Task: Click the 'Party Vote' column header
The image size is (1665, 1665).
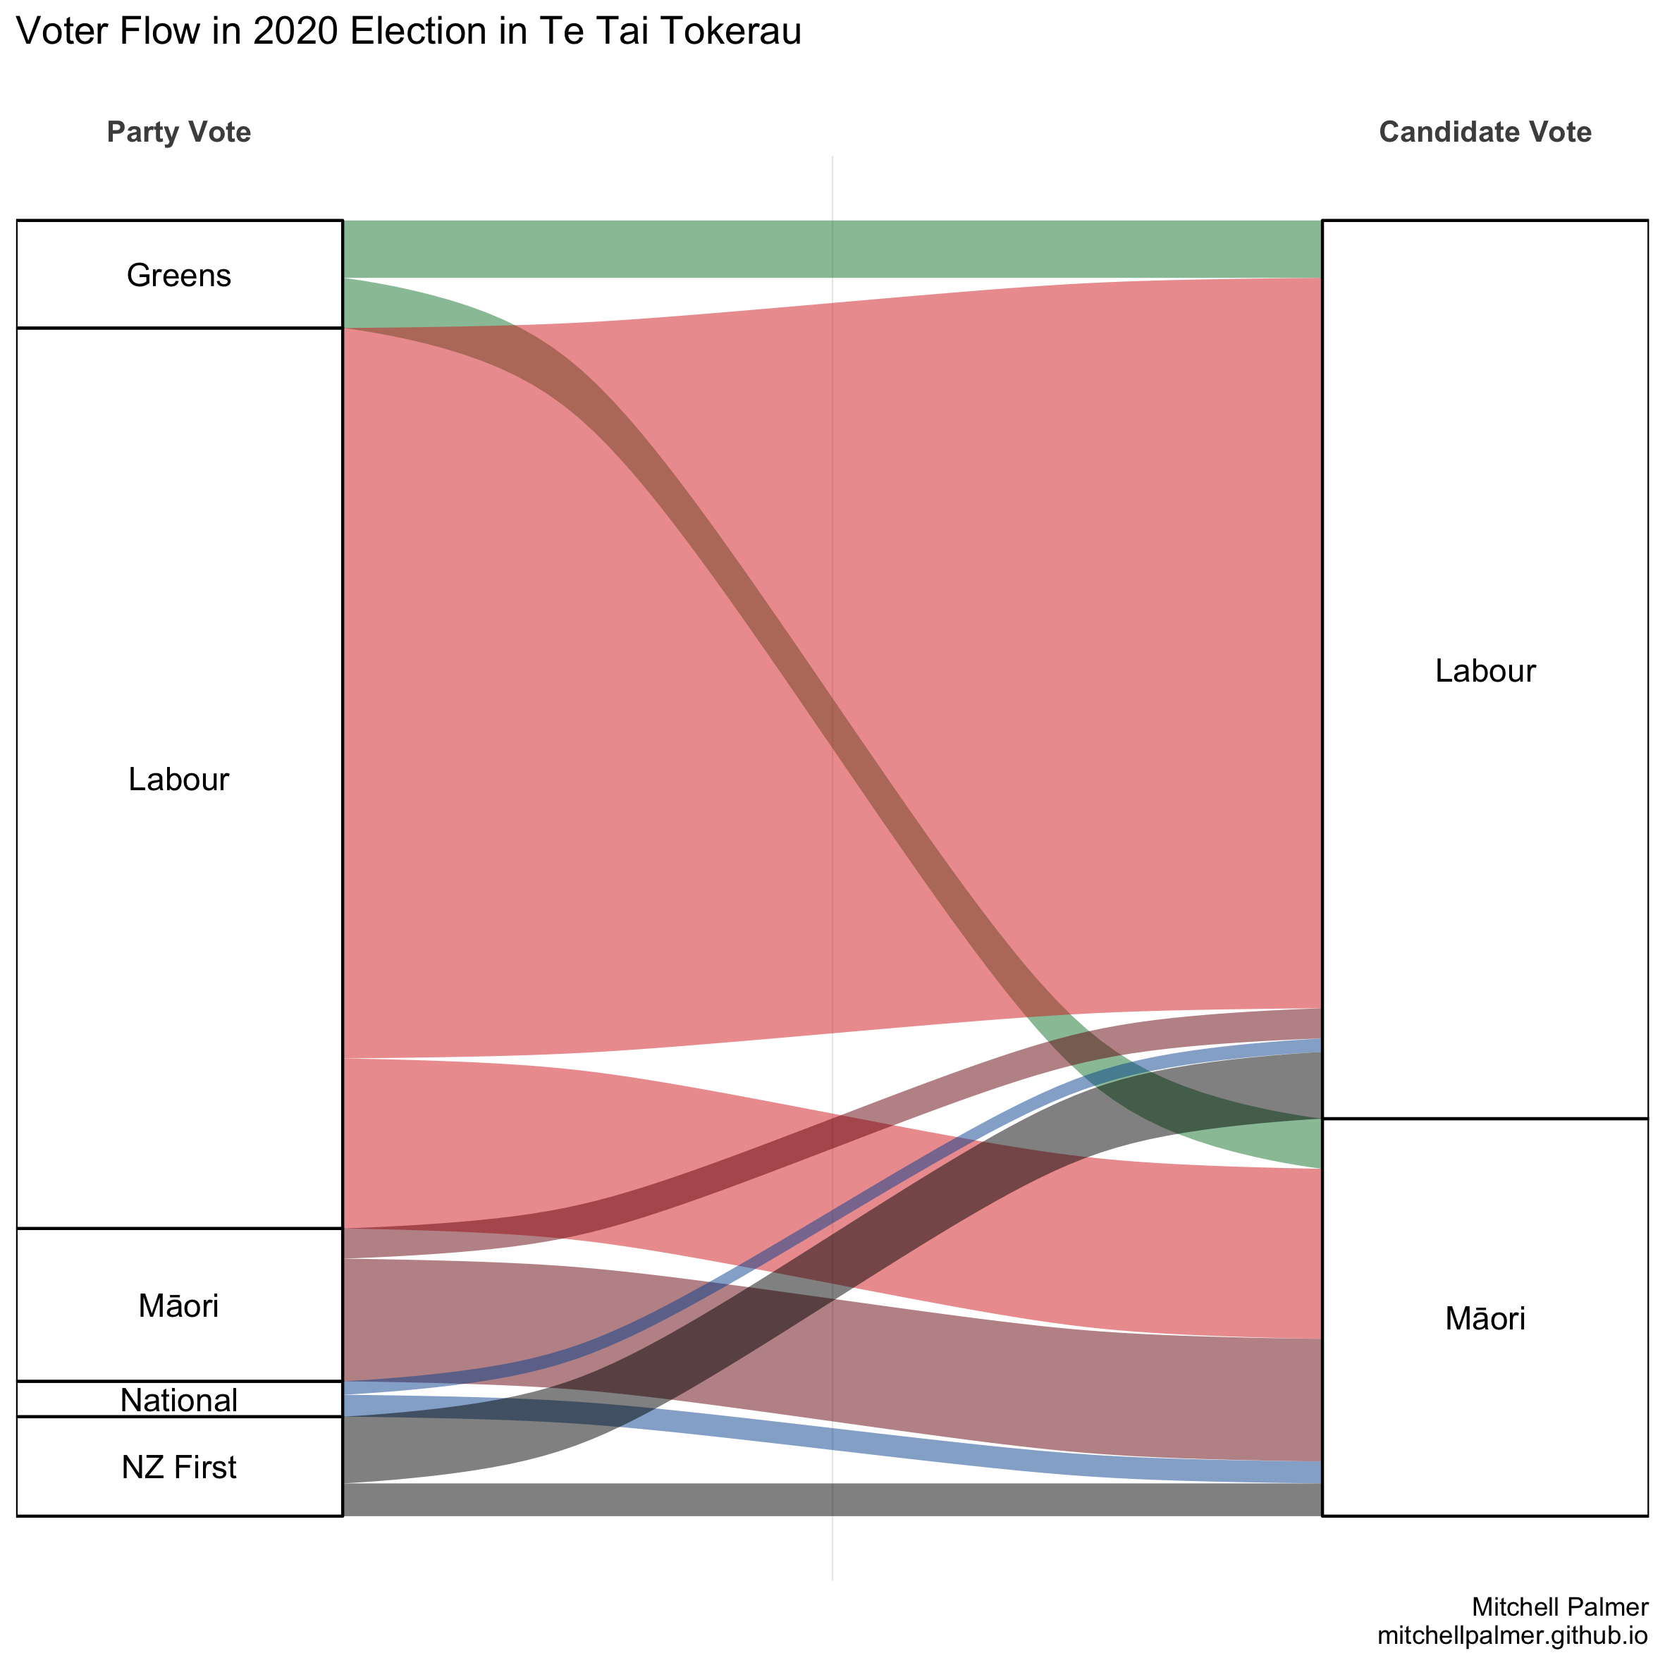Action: point(178,132)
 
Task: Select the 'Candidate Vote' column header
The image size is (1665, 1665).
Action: point(1485,132)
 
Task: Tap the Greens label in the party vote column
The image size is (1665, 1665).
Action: point(178,275)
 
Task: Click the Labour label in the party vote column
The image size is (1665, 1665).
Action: point(178,779)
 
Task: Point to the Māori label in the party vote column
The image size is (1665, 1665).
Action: point(178,1305)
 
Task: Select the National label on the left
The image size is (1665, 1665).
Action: point(178,1401)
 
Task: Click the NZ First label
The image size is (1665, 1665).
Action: point(178,1467)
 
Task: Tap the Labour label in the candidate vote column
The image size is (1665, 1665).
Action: point(1485,670)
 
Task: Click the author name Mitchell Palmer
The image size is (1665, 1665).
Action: point(1560,1606)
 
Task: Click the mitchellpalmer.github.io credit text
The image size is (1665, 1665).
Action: point(1513,1635)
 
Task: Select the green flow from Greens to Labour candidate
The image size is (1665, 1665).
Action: point(832,248)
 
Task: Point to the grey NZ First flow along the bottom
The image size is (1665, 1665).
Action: point(832,1499)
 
